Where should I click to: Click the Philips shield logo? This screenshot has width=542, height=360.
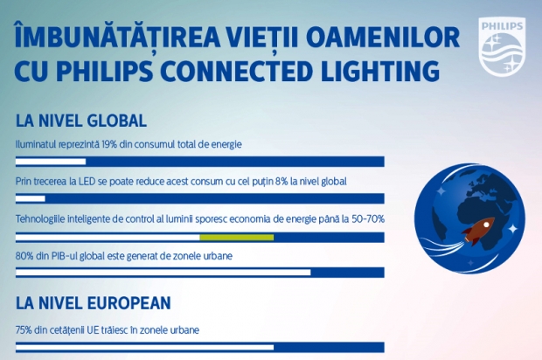(503, 46)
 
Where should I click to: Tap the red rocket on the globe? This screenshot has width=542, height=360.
(478, 231)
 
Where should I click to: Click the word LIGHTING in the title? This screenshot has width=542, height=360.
(380, 71)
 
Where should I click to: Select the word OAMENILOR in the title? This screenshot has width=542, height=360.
(383, 37)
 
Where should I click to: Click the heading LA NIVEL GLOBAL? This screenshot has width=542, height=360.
(81, 121)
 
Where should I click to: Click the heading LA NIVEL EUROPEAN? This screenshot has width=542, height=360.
(94, 303)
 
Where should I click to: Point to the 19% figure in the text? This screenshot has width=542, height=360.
(109, 144)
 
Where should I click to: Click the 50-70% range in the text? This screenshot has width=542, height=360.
(368, 219)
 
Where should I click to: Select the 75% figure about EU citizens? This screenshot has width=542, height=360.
(24, 330)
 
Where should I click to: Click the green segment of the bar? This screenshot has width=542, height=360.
(237, 238)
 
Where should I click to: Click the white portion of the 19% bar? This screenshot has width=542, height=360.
(51, 162)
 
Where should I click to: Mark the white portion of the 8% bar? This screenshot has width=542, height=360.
(31, 198)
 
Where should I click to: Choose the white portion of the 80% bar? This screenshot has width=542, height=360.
(163, 273)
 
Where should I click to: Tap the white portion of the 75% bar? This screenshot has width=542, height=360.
(145, 347)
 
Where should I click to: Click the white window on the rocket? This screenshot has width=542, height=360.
(486, 225)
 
